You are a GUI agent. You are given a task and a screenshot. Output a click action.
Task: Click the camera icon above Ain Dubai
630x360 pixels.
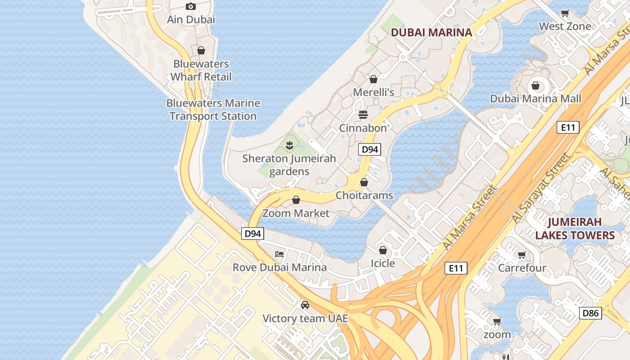[191, 6]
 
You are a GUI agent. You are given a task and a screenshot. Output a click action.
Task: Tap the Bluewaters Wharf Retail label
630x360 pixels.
[201, 71]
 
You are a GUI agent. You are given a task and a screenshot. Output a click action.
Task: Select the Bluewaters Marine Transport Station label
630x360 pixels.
[213, 110]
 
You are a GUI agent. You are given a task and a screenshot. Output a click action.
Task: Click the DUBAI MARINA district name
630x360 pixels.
[432, 32]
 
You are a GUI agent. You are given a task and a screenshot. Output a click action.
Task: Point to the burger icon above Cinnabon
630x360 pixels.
[363, 115]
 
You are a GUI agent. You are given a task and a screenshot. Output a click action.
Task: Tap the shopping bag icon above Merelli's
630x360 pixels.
[373, 80]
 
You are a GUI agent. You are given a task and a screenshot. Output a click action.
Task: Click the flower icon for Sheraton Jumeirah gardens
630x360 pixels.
[289, 145]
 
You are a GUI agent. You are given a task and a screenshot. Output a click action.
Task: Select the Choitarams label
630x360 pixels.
[364, 195]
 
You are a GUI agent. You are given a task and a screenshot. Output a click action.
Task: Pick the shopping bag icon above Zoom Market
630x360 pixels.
[296, 200]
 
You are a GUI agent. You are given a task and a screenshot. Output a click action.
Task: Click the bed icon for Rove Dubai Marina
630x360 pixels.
[279, 254]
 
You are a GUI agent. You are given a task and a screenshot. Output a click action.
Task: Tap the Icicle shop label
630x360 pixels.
[383, 263]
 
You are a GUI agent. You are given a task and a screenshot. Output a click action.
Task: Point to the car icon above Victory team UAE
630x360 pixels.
[305, 305]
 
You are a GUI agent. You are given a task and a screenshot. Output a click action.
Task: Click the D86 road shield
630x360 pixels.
[590, 313]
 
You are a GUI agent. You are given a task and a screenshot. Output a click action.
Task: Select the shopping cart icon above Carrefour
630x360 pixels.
[522, 255]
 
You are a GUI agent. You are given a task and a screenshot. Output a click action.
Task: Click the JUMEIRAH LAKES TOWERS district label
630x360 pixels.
[575, 229]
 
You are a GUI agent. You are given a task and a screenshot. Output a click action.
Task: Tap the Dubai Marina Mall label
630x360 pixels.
[535, 99]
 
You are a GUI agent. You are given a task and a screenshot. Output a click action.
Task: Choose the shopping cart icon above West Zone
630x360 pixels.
[565, 13]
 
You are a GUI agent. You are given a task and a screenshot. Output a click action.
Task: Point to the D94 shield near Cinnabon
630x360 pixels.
[369, 149]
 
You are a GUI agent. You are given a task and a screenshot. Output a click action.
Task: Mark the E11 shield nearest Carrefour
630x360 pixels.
[456, 268]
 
